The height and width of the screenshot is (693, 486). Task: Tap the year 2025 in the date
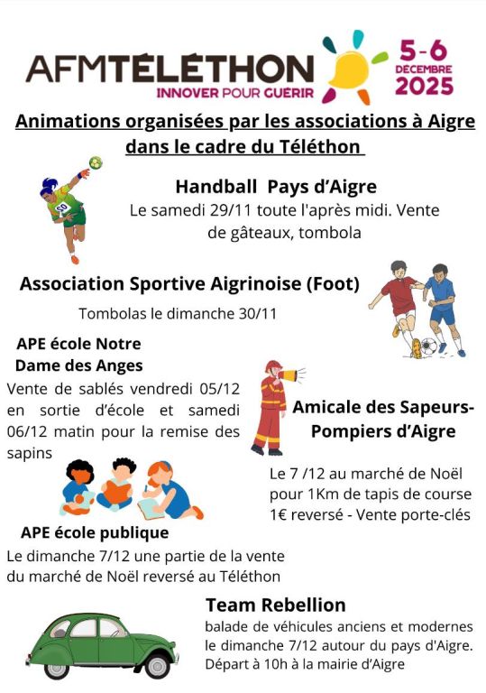425,88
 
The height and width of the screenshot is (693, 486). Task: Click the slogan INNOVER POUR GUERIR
234,92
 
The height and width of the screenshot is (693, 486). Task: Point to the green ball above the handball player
96,163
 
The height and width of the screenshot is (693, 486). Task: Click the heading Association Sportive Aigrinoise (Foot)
189,284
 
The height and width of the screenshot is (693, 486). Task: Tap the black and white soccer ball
430,346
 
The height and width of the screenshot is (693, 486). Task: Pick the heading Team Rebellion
275,604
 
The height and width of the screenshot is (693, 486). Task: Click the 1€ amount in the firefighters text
280,515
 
